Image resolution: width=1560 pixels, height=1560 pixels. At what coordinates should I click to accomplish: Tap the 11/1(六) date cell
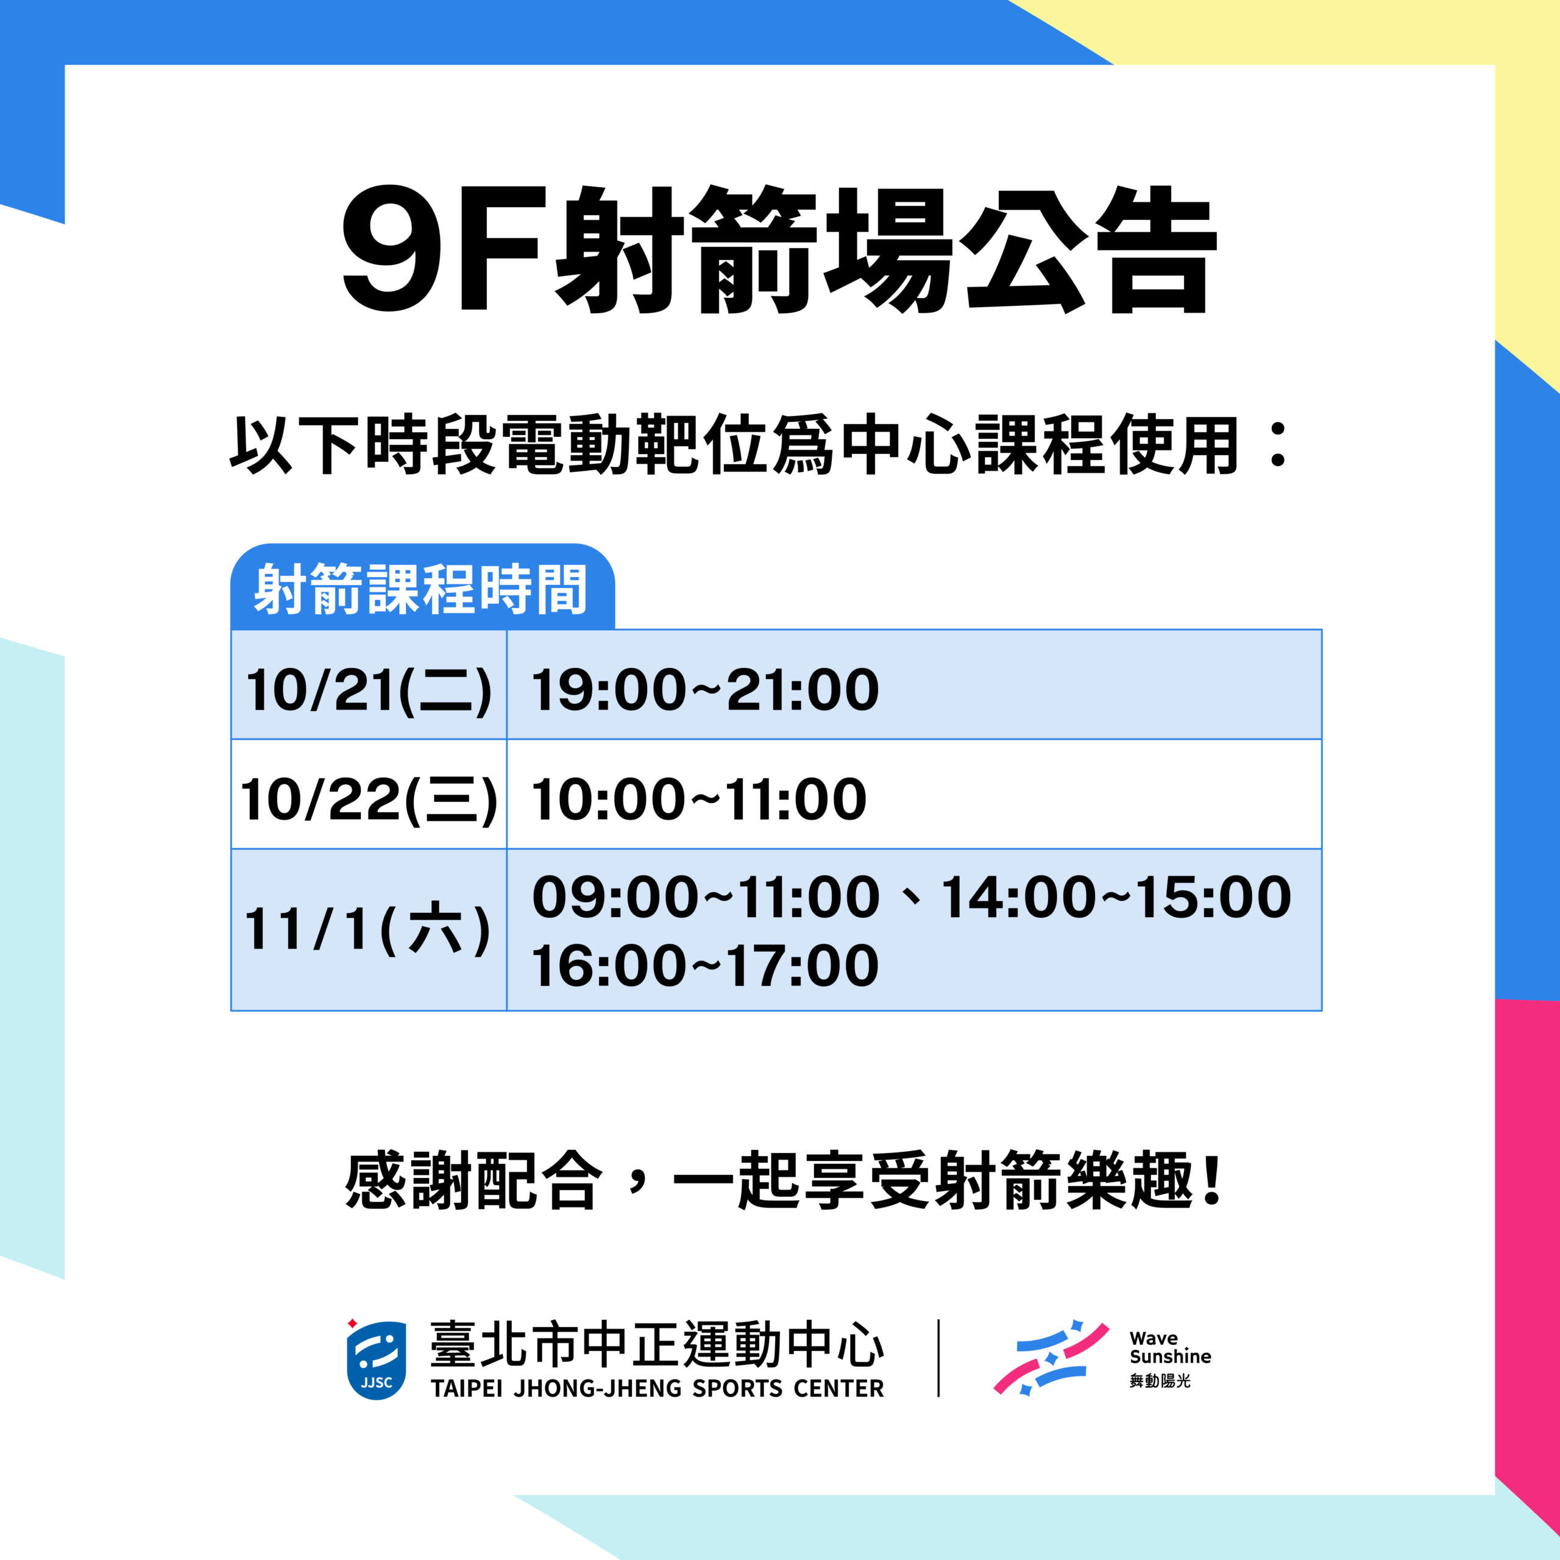[x=369, y=929]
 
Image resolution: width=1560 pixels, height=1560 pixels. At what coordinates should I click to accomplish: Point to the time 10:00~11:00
[x=699, y=799]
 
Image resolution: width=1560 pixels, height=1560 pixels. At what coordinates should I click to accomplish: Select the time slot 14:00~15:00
[x=1117, y=897]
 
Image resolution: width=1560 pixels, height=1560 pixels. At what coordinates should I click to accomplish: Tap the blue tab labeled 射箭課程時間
[x=422, y=587]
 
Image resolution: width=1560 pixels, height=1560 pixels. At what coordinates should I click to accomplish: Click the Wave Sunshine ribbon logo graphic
[x=1051, y=1358]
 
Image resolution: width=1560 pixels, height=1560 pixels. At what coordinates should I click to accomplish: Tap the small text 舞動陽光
[x=1160, y=1381]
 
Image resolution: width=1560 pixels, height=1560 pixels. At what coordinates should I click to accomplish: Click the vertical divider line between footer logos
[x=938, y=1358]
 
